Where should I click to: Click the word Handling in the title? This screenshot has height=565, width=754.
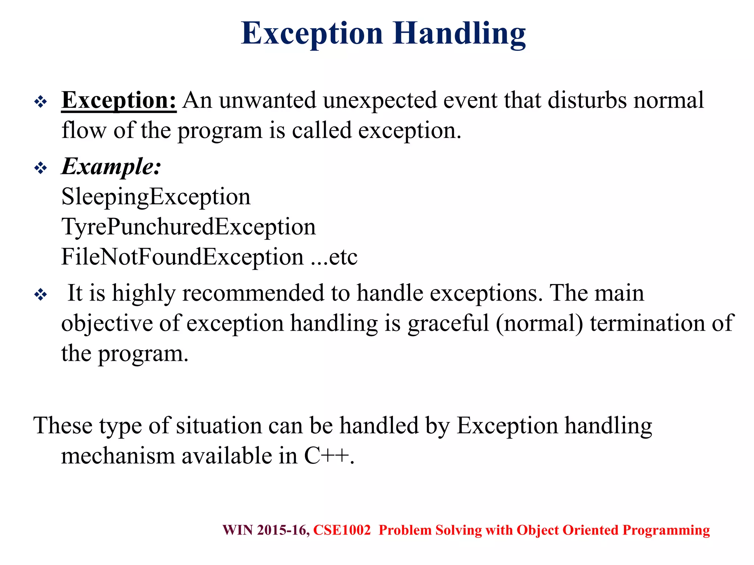(x=459, y=34)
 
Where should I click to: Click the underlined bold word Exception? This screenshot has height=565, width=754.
(x=119, y=100)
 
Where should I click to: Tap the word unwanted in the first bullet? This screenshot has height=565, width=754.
(x=268, y=100)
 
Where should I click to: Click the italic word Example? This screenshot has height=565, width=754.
(x=111, y=167)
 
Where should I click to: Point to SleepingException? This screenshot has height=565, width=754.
(x=156, y=197)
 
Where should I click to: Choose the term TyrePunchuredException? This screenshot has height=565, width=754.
(x=188, y=227)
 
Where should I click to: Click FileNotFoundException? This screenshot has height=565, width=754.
(x=182, y=257)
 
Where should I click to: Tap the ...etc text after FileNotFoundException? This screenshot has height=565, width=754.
(x=334, y=257)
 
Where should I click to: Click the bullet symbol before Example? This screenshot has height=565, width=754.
(x=40, y=168)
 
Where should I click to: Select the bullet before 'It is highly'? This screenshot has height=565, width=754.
(x=40, y=295)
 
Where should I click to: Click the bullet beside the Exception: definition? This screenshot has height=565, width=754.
(x=40, y=102)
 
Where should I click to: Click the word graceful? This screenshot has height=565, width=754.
(x=448, y=324)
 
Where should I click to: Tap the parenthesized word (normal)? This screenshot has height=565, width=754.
(x=539, y=324)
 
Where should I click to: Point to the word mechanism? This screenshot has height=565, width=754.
(x=118, y=456)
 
